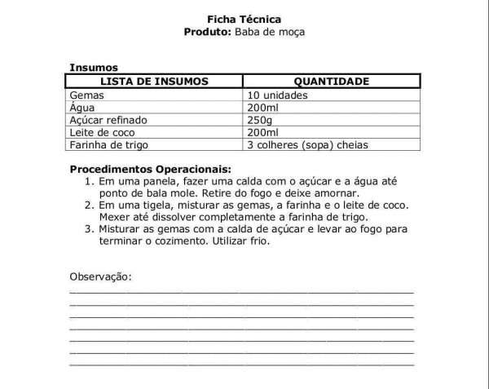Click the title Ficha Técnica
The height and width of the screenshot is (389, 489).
pos(245,19)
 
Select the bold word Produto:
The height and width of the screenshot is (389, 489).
pos(209,32)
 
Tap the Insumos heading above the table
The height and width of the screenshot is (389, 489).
pos(95,68)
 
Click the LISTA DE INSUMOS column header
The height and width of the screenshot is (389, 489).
pos(154,81)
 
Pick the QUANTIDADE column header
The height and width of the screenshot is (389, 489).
pos(332,81)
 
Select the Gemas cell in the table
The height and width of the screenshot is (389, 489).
pos(87,95)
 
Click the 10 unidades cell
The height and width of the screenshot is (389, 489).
pos(278,95)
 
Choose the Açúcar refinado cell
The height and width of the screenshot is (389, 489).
pos(108,120)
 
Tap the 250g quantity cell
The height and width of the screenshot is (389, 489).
pos(260,120)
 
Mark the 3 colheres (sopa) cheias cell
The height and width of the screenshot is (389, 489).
pos(307,145)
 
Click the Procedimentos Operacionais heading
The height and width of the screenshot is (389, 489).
pos(145,169)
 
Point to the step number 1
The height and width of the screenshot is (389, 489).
pos(89,181)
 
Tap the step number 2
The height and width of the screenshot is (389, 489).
pos(89,206)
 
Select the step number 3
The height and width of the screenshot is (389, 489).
pos(89,229)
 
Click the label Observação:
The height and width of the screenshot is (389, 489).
pos(101,276)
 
